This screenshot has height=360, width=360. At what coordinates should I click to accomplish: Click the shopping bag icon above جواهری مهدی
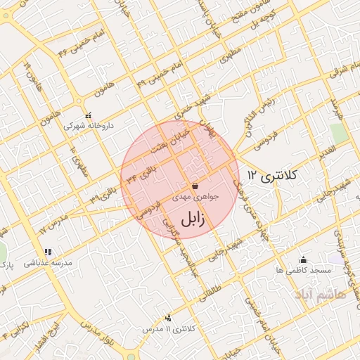(195, 186)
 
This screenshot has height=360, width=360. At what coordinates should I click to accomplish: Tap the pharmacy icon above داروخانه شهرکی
(88, 115)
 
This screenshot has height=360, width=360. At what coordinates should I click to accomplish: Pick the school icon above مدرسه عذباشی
(48, 252)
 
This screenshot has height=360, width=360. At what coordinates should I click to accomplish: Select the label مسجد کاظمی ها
(302, 271)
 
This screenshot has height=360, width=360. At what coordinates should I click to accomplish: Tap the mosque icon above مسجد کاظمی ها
(302, 259)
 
